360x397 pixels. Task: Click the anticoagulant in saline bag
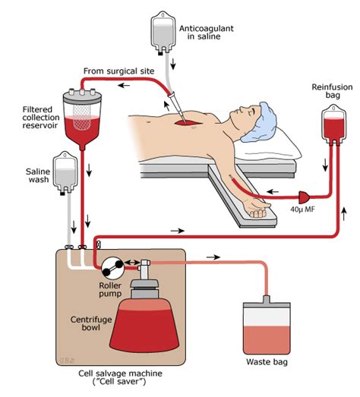click(163, 33)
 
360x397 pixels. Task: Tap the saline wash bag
click(65, 173)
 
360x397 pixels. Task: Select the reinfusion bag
click(333, 124)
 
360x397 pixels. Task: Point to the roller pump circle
click(112, 268)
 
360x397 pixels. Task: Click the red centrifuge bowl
click(144, 326)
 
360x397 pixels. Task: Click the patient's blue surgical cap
click(258, 121)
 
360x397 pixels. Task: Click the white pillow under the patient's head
click(269, 145)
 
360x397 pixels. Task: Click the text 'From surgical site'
click(118, 71)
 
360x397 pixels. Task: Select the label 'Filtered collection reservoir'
click(41, 118)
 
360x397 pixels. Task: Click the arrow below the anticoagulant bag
click(173, 64)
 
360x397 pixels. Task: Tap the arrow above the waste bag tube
click(213, 257)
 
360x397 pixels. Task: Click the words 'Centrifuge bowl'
click(91, 323)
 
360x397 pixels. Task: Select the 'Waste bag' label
click(267, 362)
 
